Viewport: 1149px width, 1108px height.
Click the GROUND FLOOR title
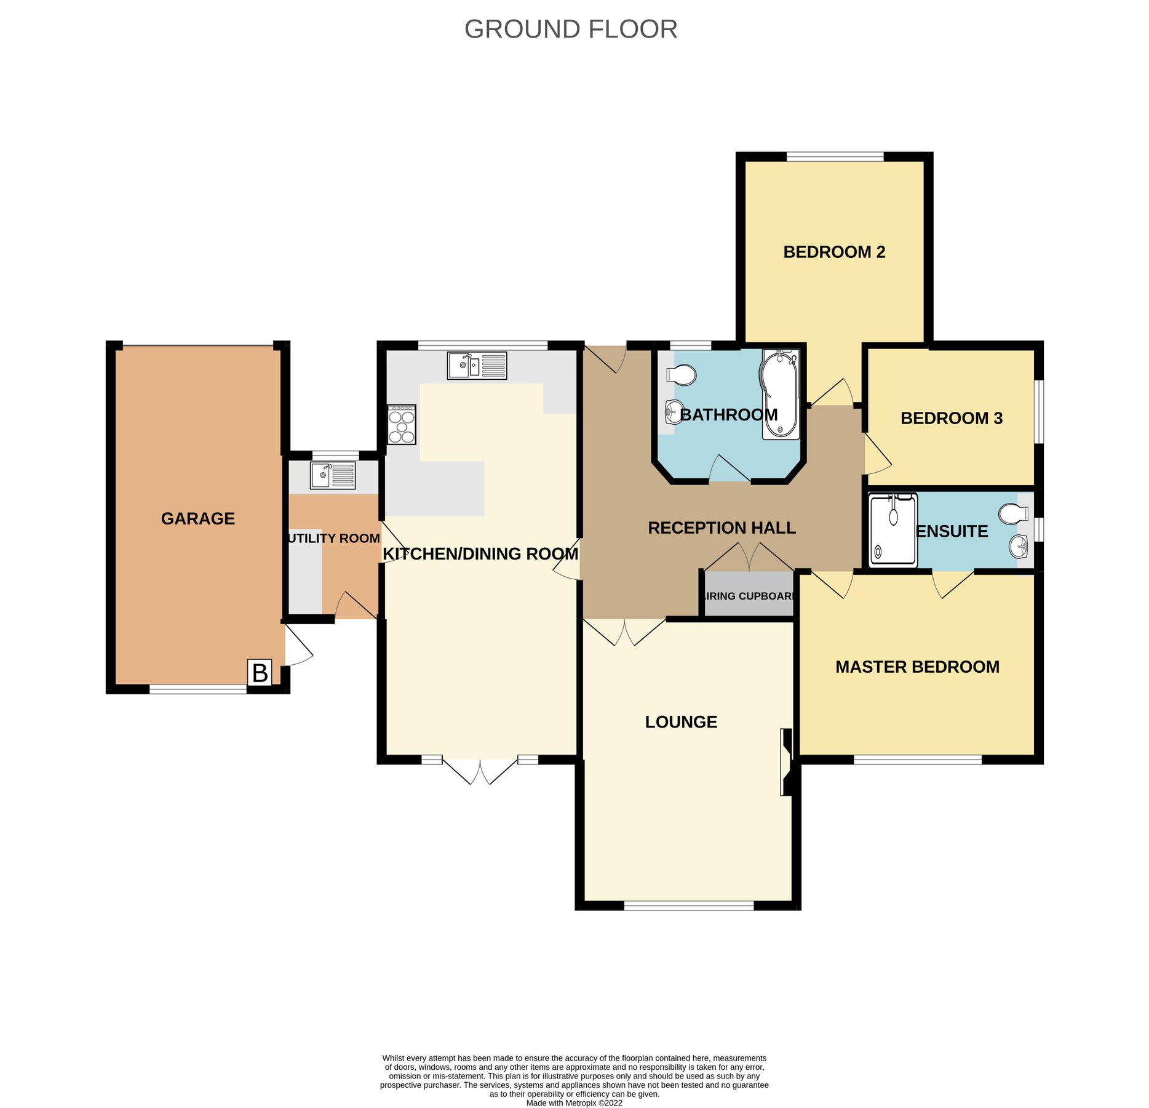[x=570, y=29]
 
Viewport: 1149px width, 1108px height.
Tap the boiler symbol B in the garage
[x=260, y=672]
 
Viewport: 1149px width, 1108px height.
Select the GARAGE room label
[x=197, y=518]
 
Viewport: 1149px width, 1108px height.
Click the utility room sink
[x=332, y=475]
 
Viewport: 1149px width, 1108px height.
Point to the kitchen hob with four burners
[x=402, y=424]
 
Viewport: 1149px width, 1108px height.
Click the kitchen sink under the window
[x=477, y=365]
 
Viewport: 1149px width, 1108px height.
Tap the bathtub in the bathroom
[x=781, y=395]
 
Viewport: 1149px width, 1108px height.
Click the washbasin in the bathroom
[x=674, y=411]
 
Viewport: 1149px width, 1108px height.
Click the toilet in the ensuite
[x=1014, y=513]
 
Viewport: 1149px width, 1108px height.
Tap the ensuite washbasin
[x=1019, y=545]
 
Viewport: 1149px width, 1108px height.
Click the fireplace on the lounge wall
[x=786, y=761]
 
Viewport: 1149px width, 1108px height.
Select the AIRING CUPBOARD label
[x=749, y=595]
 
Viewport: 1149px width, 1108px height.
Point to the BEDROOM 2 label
[x=833, y=252]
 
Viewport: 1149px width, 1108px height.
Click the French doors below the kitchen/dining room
[x=480, y=769]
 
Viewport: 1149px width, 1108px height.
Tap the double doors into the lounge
[x=624, y=631]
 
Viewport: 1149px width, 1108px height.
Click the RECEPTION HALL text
[x=722, y=528]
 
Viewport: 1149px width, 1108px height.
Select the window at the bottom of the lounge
[x=688, y=905]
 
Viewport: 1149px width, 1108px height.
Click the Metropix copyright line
[x=573, y=1102]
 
